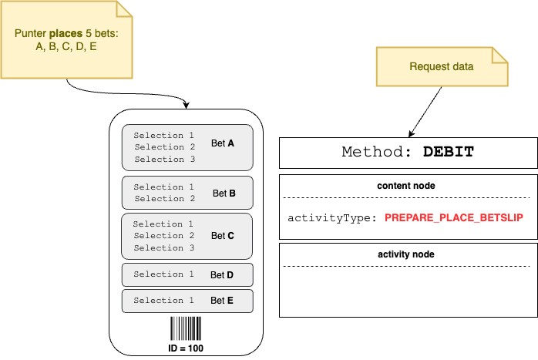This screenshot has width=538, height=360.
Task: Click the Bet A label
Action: (x=223, y=143)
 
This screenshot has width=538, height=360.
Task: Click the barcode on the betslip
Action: (x=187, y=330)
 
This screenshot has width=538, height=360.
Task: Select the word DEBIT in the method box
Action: (x=449, y=153)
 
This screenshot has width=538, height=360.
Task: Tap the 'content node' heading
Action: (x=408, y=187)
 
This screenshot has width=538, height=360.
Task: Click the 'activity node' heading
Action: (x=408, y=254)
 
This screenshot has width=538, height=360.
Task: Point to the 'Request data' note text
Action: (x=441, y=66)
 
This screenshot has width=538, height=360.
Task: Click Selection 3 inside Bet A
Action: (x=164, y=159)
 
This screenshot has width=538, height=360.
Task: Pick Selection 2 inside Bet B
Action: (x=164, y=198)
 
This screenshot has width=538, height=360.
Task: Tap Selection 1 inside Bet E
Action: (x=164, y=301)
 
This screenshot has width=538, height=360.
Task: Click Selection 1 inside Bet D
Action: (x=164, y=274)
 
